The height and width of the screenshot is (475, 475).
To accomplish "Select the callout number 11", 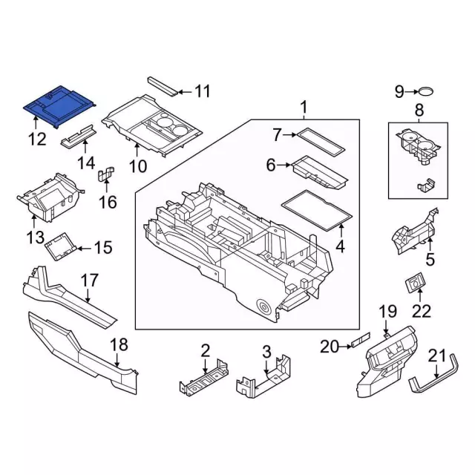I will pos(202,92).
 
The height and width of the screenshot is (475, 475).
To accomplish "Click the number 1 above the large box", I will pos(304,109).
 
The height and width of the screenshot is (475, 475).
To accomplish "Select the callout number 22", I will pos(421,311).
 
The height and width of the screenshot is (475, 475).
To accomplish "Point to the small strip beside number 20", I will pos(360,343).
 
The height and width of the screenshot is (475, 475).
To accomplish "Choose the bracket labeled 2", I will pos(201,378).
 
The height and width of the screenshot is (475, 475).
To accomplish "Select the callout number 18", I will pos(119,344).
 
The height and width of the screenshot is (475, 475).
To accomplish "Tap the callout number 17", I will pos(89,281).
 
